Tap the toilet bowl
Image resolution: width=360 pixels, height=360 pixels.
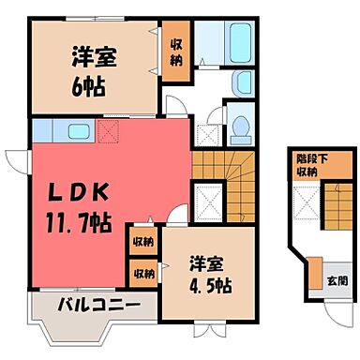coord(240,127)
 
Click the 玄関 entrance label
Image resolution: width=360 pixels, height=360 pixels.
coord(336,281)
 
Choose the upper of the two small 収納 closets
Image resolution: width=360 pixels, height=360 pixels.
coord(142,241)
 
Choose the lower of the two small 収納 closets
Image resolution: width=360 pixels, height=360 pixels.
coord(142,274)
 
